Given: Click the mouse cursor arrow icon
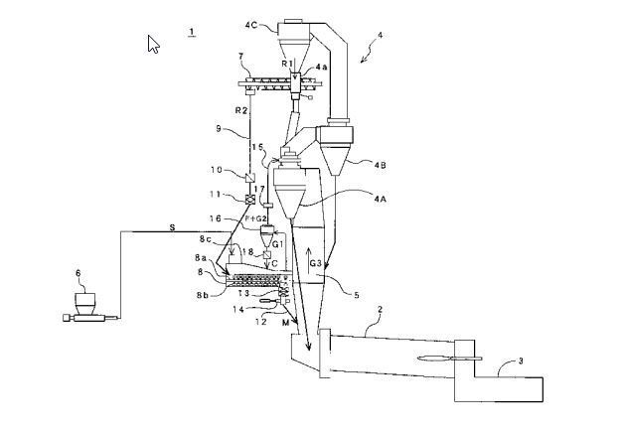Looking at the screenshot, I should (x=154, y=44).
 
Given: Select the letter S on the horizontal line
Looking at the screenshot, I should (x=171, y=227).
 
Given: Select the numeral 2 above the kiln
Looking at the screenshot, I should (x=378, y=310).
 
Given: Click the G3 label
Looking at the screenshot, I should (x=315, y=264).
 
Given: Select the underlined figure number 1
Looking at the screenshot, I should (x=190, y=32).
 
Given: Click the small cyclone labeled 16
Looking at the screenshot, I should (x=266, y=234).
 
